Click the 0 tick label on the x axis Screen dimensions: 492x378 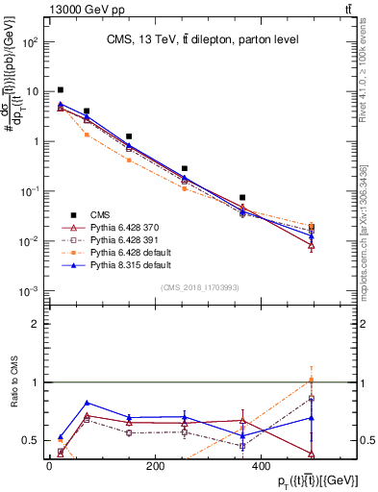point(49,467)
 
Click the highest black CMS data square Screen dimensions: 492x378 point(61,89)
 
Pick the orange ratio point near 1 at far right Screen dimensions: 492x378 point(339,380)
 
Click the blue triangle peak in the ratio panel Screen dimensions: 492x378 point(88,403)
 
